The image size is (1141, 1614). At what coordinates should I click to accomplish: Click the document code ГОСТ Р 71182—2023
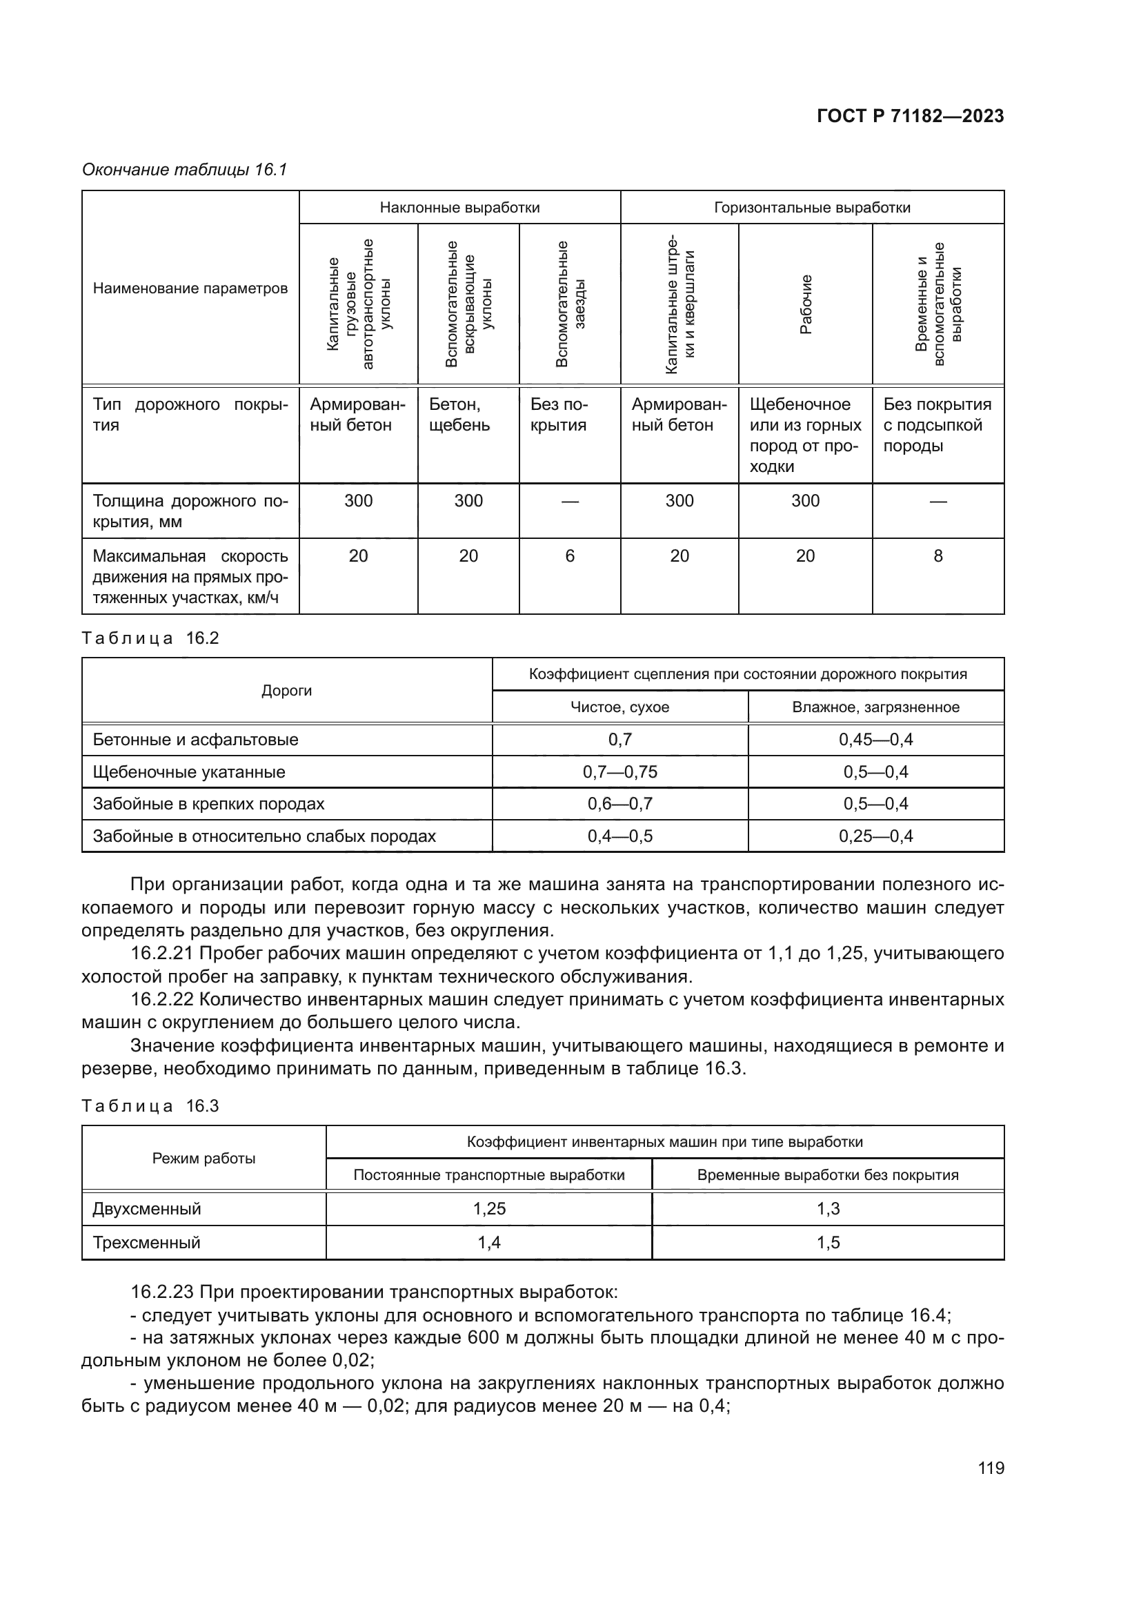[910, 117]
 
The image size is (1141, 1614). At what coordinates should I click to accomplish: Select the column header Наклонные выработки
[459, 208]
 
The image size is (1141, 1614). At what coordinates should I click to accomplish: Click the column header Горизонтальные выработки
[811, 208]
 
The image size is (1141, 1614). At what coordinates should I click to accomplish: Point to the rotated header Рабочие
[806, 304]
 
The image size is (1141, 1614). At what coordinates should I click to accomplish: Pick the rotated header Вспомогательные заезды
[570, 304]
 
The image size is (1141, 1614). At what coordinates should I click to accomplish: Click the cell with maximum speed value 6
[570, 556]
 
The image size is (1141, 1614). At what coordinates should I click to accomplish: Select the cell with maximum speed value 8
[937, 556]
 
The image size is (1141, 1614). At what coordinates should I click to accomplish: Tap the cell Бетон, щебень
[459, 415]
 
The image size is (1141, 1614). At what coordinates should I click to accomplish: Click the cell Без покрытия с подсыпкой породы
[937, 424]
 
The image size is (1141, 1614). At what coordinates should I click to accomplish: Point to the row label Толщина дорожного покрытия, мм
[190, 511]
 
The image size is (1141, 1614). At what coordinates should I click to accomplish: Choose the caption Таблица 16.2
[150, 638]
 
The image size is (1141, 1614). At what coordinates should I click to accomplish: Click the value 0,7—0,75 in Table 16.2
[619, 772]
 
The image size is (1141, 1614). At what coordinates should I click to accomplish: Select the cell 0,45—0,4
[875, 740]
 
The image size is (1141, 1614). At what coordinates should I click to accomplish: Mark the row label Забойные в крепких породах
[208, 803]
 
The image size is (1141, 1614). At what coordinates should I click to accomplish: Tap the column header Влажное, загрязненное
[875, 707]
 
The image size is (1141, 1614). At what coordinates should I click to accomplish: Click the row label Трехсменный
[146, 1242]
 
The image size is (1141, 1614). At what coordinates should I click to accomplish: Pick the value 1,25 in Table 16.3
[489, 1208]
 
